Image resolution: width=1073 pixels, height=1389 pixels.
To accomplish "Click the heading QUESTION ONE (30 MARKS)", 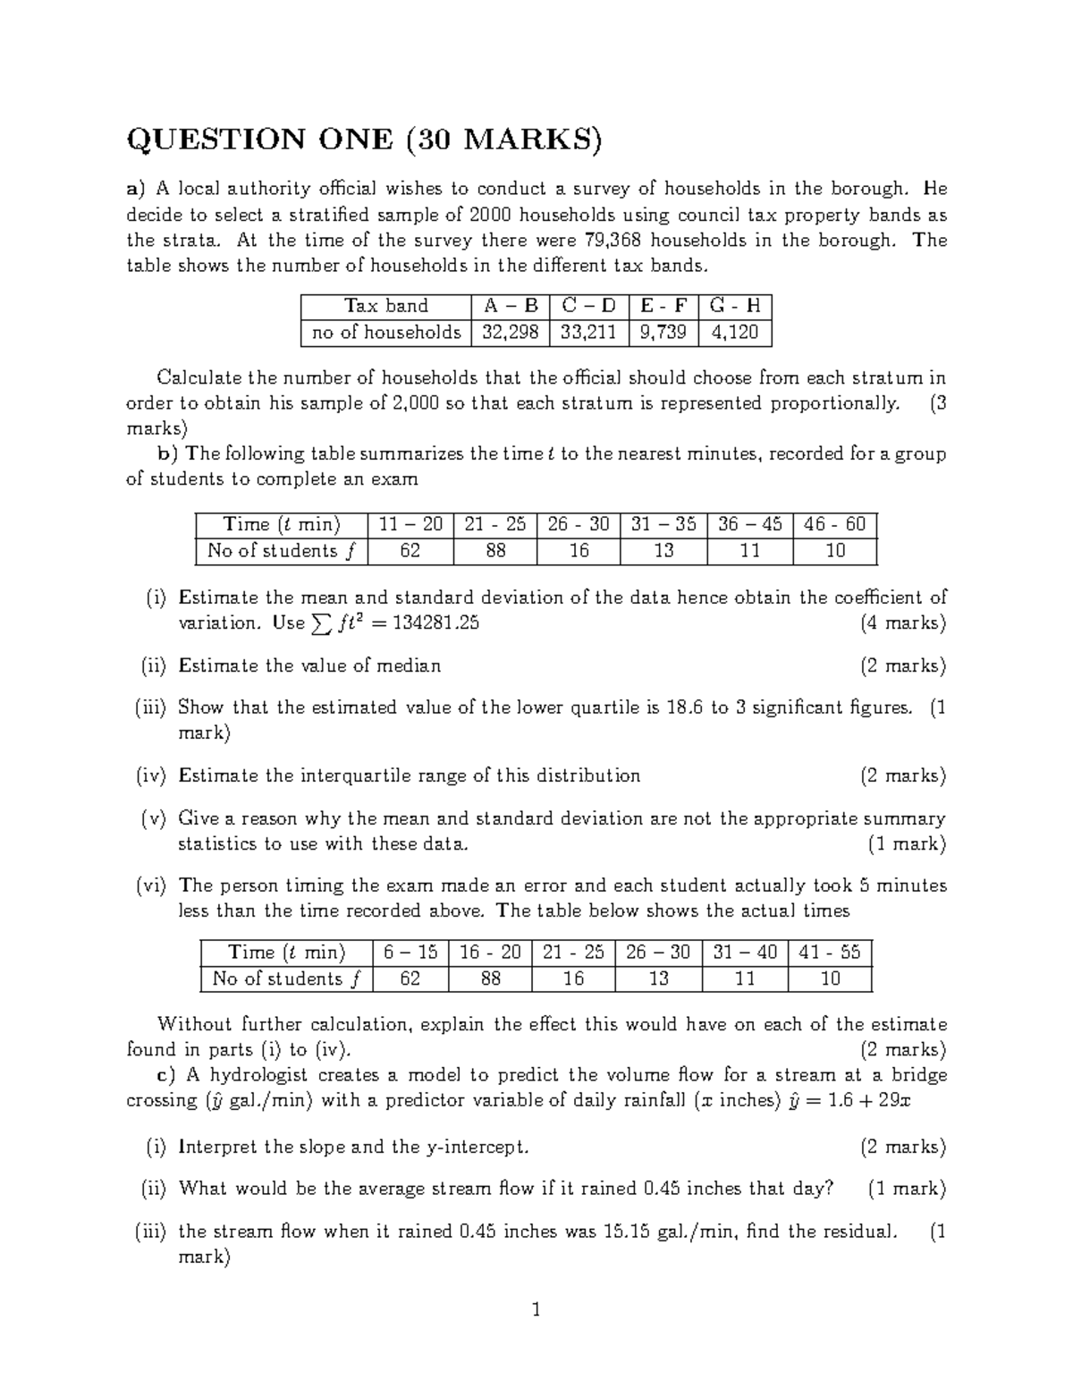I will pyautogui.click(x=365, y=140).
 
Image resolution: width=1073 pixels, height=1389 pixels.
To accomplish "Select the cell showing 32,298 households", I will pyautogui.click(x=511, y=333).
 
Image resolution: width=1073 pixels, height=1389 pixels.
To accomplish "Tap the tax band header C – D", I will pyautogui.click(x=588, y=306).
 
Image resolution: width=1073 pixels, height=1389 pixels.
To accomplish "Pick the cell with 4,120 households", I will pyautogui.click(x=734, y=333).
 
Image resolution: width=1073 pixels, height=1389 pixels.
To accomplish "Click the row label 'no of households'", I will pyautogui.click(x=385, y=333).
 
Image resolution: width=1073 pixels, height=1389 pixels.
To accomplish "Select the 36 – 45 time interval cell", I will pyautogui.click(x=749, y=524).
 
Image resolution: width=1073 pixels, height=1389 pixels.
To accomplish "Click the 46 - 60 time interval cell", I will pyautogui.click(x=835, y=524).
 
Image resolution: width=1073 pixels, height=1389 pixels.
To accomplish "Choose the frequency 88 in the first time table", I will pyautogui.click(x=494, y=551).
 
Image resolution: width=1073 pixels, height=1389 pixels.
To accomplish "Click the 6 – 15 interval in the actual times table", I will pyautogui.click(x=410, y=953).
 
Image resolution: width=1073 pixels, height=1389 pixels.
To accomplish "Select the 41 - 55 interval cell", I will pyautogui.click(x=830, y=953).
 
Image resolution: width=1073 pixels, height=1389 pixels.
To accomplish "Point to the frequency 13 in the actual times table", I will pyautogui.click(x=658, y=978).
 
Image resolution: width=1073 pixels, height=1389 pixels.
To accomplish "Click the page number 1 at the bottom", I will pyautogui.click(x=536, y=1311).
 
